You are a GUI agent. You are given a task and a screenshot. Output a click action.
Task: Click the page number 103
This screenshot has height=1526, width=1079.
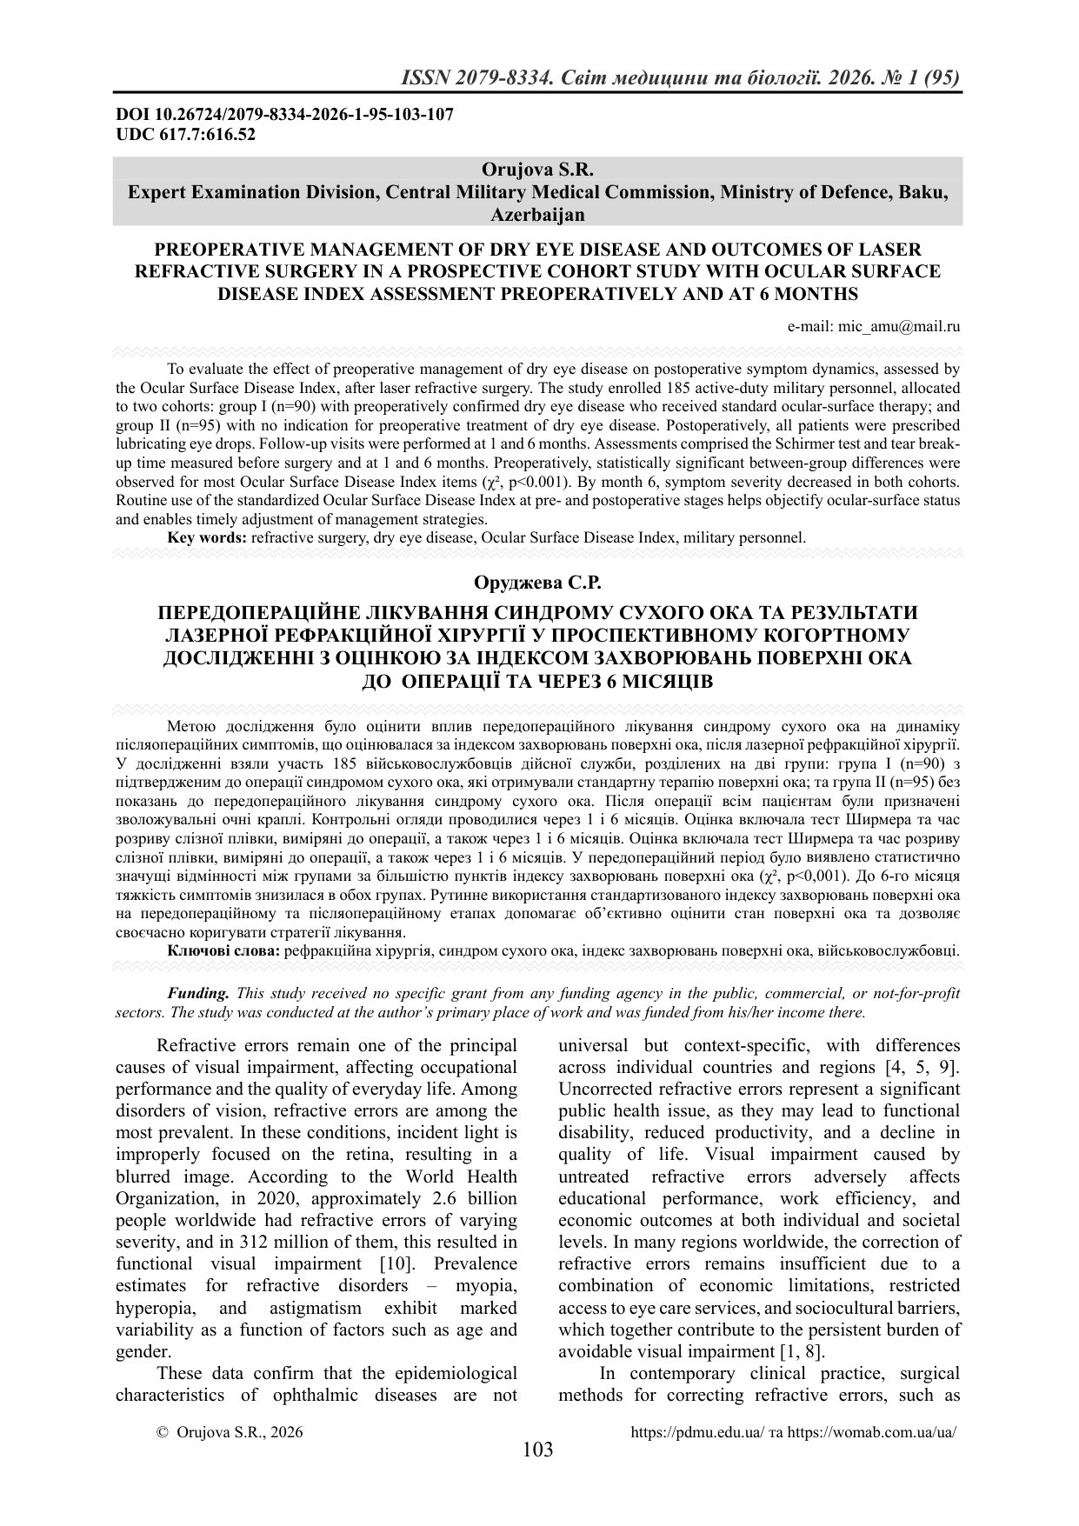coord(538,1449)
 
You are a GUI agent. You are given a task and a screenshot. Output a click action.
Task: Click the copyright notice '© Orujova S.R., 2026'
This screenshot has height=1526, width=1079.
coord(230,1432)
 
